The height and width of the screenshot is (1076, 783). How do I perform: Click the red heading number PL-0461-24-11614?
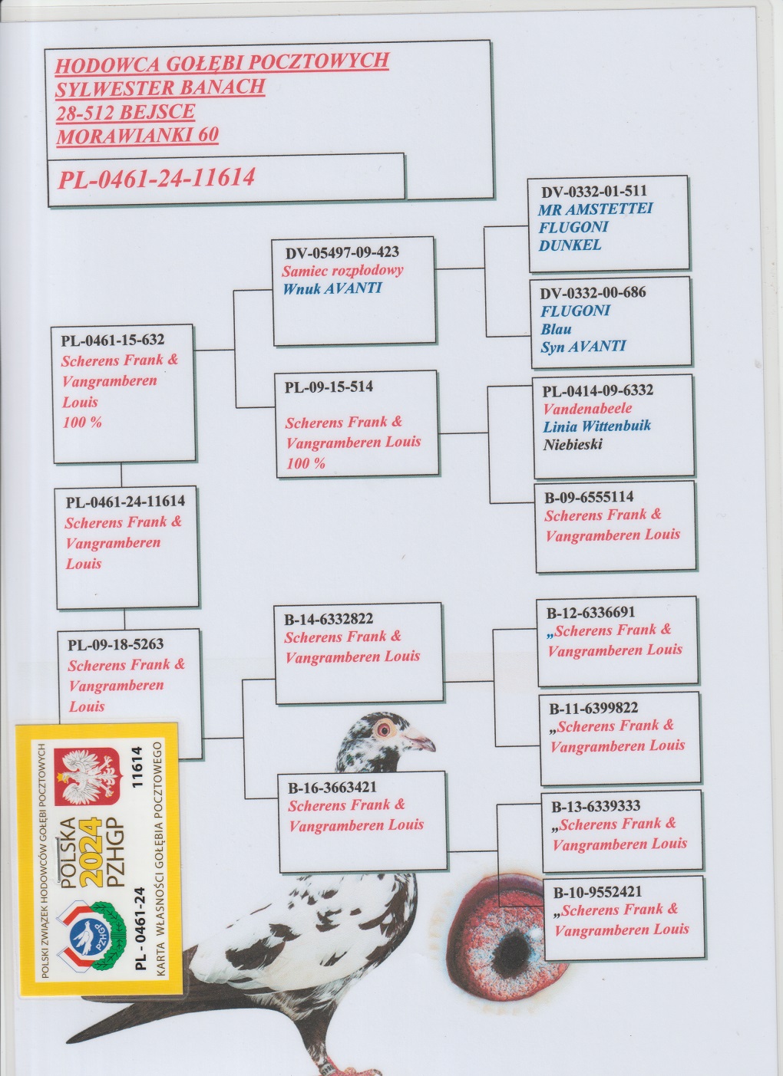(x=157, y=179)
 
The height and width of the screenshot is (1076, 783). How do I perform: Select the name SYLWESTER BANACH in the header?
(x=160, y=87)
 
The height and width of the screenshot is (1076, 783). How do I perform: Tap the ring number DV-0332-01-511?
(x=593, y=191)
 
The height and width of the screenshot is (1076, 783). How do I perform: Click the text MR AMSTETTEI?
(x=595, y=209)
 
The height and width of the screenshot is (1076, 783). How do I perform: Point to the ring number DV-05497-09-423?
(x=342, y=252)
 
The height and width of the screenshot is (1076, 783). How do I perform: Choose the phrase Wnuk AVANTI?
(x=332, y=288)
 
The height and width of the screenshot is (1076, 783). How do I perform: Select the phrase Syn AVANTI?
(x=583, y=347)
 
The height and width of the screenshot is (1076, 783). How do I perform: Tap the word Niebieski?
(x=573, y=445)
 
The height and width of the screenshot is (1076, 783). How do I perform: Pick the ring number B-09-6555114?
(x=589, y=496)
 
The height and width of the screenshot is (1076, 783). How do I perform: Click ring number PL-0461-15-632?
(x=113, y=340)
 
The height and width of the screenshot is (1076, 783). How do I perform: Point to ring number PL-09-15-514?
(x=329, y=387)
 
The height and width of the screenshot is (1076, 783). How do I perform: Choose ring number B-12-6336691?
(x=590, y=613)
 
